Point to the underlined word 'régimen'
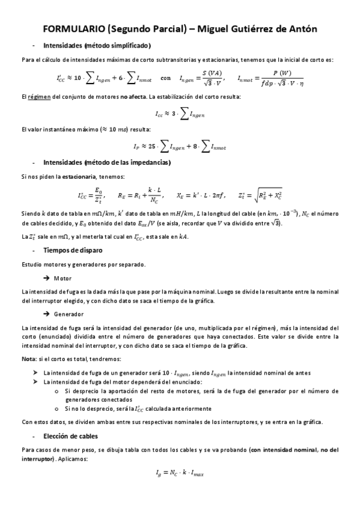pyautogui.click(x=38, y=96)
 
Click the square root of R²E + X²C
pyautogui.click(x=268, y=195)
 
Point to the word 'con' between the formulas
pyautogui.click(x=166, y=78)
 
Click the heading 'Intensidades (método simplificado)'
pyautogui.click(x=97, y=46)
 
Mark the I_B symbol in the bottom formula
pyautogui.click(x=158, y=474)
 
